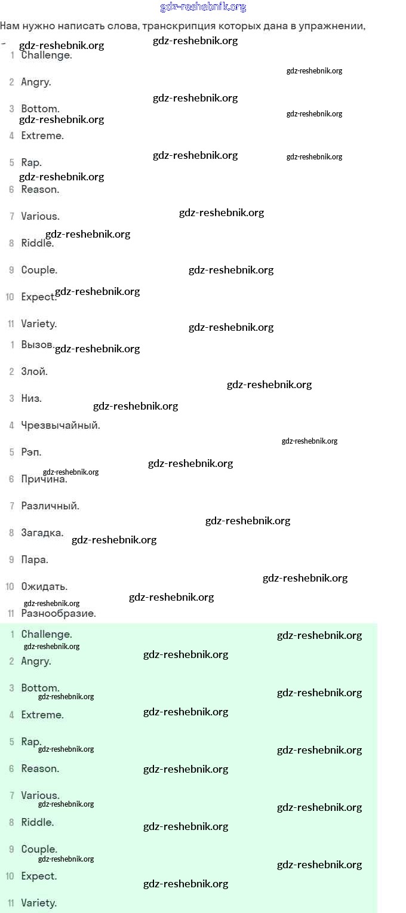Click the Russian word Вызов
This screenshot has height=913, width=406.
pos(37,345)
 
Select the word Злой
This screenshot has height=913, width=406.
pos(34,371)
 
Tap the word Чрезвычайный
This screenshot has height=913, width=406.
pos(60,425)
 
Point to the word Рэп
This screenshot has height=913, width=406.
pos(31,452)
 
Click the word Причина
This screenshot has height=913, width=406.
pos(44,479)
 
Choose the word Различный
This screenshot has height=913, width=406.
pos(50,506)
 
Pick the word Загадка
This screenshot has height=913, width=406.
pos(42,533)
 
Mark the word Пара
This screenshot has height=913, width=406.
pos(35,560)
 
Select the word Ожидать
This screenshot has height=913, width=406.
pos(44,586)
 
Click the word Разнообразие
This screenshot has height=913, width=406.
pos(59,613)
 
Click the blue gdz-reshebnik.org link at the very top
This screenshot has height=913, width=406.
pos(203,7)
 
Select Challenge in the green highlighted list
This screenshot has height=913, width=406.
pos(47,634)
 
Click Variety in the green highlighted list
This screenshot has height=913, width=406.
pos(39,903)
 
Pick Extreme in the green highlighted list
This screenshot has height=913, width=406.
pos(42,715)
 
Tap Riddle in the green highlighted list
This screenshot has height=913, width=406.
pos(37,822)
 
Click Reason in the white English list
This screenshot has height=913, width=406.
pos(40,189)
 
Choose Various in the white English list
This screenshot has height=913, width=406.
pos(40,216)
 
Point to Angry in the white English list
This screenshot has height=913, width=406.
pos(36,82)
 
